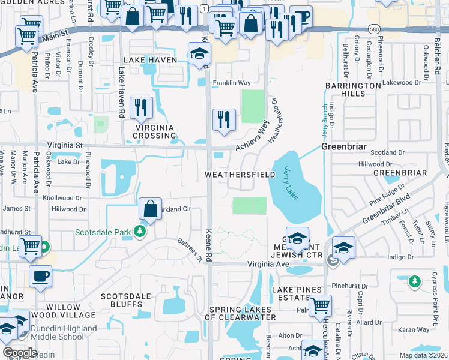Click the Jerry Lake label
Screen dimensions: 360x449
tap(296, 180)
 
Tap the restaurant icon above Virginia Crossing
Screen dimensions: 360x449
tap(141, 107)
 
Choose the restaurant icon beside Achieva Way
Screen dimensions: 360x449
tap(224, 119)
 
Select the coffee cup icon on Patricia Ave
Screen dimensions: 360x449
tap(41, 276)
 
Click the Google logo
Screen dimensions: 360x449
tap(20, 352)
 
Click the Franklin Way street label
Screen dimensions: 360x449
tap(232, 83)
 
